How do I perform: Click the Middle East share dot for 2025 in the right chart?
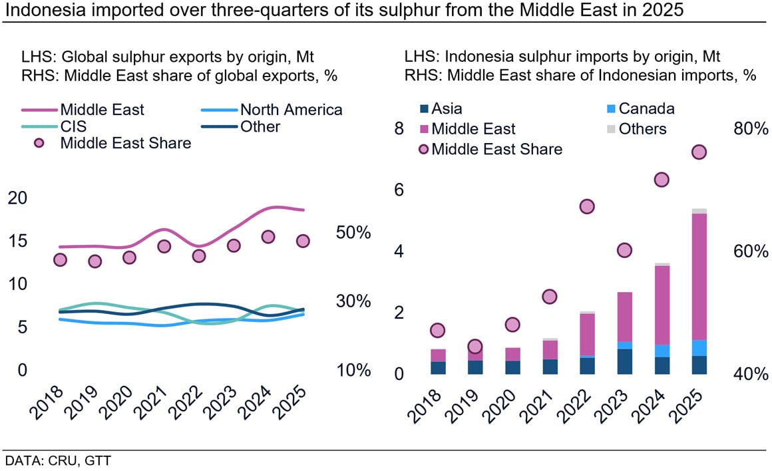click(699, 152)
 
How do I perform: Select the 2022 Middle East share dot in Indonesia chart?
click(586, 207)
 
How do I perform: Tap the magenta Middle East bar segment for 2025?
click(699, 276)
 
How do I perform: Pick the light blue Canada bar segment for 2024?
click(662, 351)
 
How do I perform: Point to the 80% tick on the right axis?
click(751, 129)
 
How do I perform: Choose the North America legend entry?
click(291, 110)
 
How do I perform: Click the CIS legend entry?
click(73, 126)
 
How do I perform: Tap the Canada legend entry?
click(646, 108)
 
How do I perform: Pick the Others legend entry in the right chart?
click(642, 128)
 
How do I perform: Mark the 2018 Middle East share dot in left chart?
click(61, 259)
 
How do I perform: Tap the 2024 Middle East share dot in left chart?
click(268, 237)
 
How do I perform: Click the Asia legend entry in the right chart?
click(446, 108)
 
